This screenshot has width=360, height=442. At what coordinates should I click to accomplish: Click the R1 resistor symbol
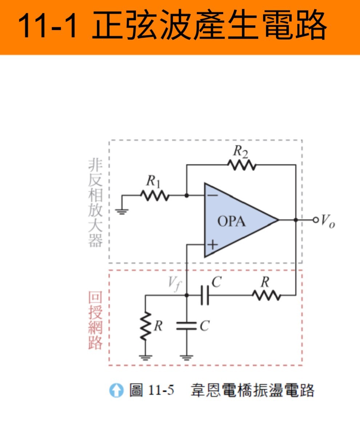pos(155,196)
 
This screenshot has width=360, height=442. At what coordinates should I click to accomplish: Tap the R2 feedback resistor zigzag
pos(242,165)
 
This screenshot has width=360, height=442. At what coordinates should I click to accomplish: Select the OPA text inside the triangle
pos(232,221)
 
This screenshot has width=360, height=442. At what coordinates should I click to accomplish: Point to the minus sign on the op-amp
pos(213,195)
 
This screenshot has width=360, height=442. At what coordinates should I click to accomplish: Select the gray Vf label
pos(174,284)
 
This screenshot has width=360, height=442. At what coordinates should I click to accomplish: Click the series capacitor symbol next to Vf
pos(205,295)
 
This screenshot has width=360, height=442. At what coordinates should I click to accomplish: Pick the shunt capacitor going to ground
pos(187,326)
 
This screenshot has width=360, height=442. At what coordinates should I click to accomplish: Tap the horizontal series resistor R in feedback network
pos(267,295)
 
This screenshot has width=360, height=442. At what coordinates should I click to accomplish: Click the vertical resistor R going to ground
pos(145,326)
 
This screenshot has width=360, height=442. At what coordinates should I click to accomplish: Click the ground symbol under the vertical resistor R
pos(145,357)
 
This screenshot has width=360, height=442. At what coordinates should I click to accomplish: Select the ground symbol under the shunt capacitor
pos(187,357)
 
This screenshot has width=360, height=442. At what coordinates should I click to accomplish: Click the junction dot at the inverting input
pos(187,195)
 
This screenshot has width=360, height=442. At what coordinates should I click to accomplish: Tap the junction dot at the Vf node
pos(187,295)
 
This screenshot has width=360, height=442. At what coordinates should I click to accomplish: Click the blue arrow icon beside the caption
pos(116,390)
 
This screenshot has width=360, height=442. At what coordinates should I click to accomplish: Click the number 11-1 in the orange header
pos(47,26)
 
